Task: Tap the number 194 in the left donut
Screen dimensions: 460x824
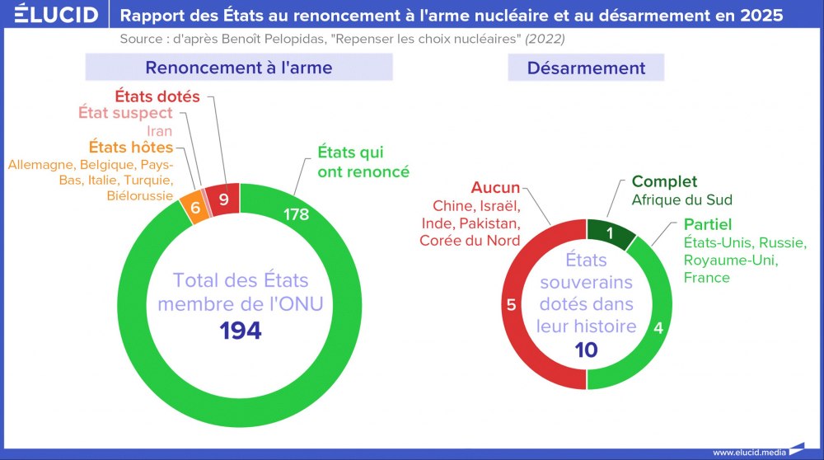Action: click(x=241, y=331)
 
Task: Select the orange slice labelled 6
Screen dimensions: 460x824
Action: click(x=195, y=208)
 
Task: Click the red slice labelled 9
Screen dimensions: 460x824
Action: click(x=222, y=199)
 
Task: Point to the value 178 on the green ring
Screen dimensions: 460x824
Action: click(x=296, y=214)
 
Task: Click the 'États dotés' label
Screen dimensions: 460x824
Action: click(x=156, y=96)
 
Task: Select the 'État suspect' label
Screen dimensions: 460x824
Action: click(x=125, y=113)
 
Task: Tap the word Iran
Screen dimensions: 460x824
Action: click(x=159, y=130)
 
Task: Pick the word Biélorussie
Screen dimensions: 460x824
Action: click(x=140, y=195)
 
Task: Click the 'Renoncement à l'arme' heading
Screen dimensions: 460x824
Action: click(x=239, y=68)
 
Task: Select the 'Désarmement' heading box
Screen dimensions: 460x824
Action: click(x=586, y=68)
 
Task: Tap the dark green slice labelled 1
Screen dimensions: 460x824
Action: click(x=610, y=233)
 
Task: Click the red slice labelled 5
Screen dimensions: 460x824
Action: click(x=511, y=305)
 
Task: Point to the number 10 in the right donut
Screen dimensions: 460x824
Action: click(x=586, y=350)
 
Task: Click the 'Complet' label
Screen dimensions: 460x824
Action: click(x=664, y=181)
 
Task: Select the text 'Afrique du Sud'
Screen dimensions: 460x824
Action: click(x=681, y=199)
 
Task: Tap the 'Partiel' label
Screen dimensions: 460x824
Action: click(x=708, y=224)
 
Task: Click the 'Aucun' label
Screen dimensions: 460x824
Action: click(x=495, y=187)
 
